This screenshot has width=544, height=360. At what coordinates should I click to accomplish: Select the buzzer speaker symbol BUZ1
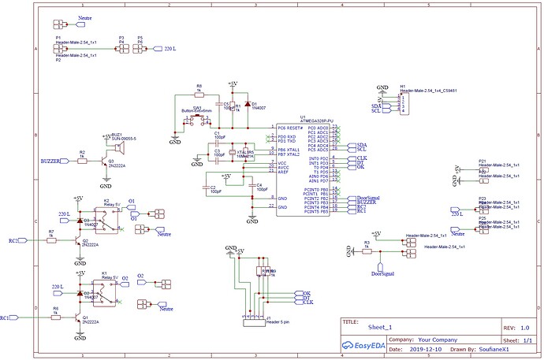119,147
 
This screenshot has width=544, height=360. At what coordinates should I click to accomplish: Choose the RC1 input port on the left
7,317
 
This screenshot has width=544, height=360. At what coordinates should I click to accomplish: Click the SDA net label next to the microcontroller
362,146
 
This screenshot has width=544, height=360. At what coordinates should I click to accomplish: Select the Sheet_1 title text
380,325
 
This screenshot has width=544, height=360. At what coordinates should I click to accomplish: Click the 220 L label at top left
170,49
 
